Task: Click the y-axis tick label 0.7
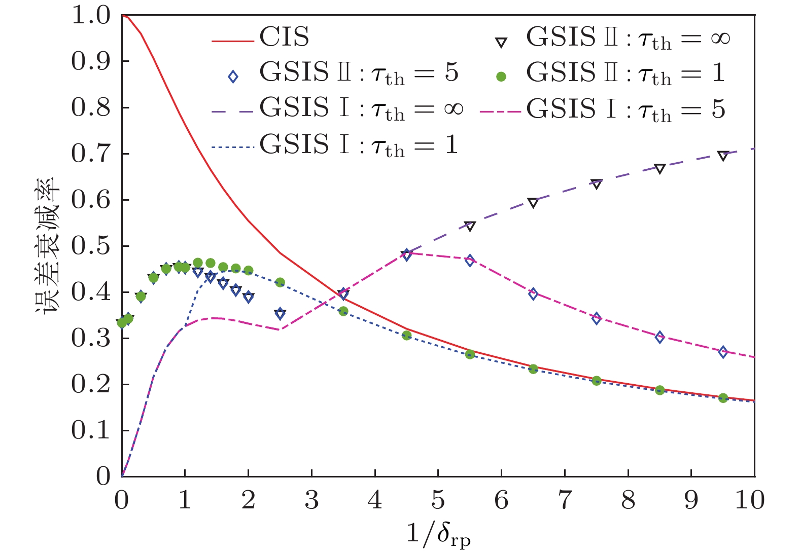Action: pos(91,154)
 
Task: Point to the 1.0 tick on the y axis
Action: pos(91,15)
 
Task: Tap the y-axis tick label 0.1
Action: pos(91,430)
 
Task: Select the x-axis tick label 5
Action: pos(438,501)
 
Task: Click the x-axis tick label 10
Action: pos(749,501)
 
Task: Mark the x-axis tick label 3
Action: pos(311,501)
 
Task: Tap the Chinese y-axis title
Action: pos(48,246)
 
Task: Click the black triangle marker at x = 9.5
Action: pos(723,156)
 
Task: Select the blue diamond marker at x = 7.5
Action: pos(596,319)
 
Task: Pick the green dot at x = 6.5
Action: pos(533,369)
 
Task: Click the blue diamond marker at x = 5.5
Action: pos(470,261)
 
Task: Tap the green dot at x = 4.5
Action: pos(406,336)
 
